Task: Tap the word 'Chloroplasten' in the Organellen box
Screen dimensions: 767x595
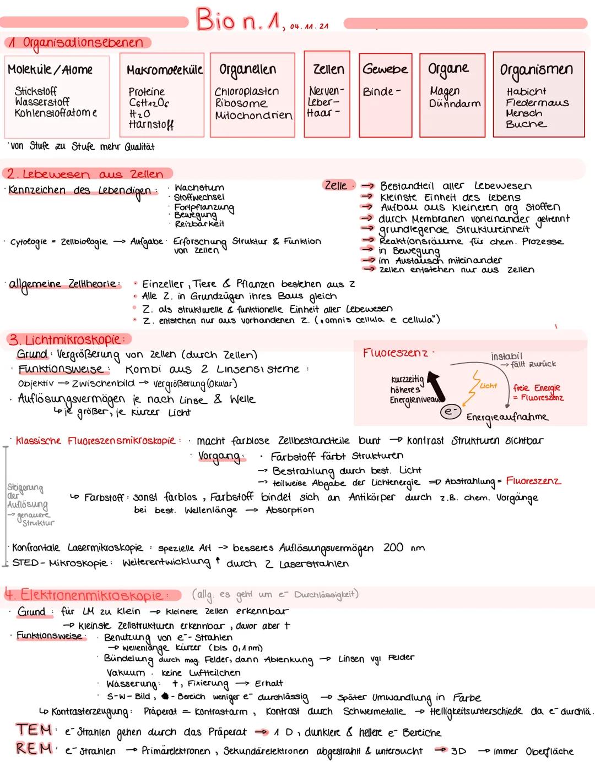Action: pyautogui.click(x=246, y=91)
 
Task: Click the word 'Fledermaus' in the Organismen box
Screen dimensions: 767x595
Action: pyautogui.click(x=537, y=103)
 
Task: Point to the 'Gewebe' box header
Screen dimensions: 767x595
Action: pyautogui.click(x=385, y=69)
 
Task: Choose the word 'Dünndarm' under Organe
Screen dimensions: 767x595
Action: pyautogui.click(x=455, y=103)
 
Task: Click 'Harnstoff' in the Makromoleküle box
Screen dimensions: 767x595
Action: pyautogui.click(x=151, y=125)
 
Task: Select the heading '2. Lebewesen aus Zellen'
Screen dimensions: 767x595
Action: pyautogui.click(x=85, y=174)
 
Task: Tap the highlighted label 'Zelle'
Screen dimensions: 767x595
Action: pyautogui.click(x=336, y=185)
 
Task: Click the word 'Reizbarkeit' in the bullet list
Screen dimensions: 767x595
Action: pyautogui.click(x=199, y=224)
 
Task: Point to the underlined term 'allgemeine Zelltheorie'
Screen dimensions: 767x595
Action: pyautogui.click(x=63, y=284)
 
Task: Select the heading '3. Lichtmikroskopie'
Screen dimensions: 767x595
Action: pyautogui.click(x=66, y=339)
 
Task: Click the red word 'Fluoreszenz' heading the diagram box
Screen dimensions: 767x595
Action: pyautogui.click(x=394, y=353)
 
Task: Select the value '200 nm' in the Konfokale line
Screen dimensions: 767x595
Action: pyautogui.click(x=404, y=547)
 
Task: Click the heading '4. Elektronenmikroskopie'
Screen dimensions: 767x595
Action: pyautogui.click(x=91, y=595)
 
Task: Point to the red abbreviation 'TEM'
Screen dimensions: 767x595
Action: pyautogui.click(x=34, y=730)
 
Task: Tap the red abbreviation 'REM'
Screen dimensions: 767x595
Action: pyautogui.click(x=34, y=749)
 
